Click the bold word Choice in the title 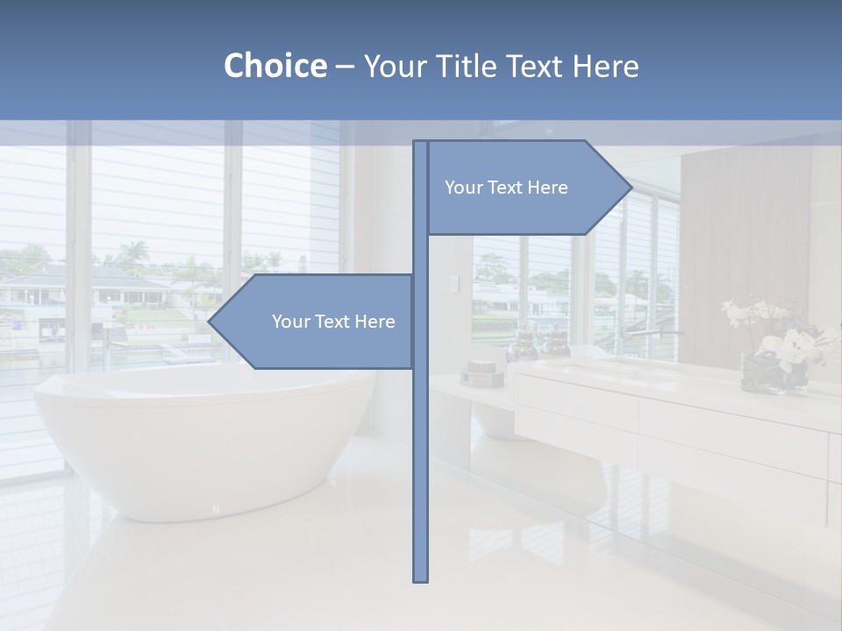275,66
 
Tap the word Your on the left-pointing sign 290,322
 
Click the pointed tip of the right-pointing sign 630,187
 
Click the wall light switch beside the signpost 453,283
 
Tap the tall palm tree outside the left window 133,256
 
